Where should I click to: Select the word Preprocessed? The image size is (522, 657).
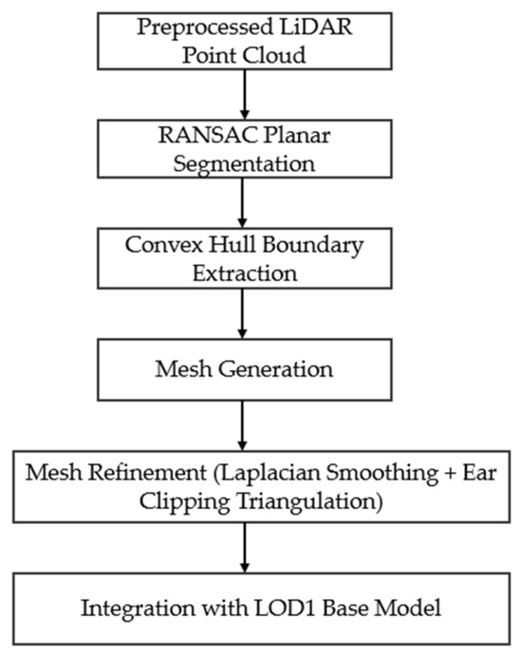[x=205, y=28]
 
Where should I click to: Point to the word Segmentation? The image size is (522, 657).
[x=244, y=164]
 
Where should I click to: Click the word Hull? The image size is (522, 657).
[x=233, y=244]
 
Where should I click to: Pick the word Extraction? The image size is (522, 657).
[x=245, y=273]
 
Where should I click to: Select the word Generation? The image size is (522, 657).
[x=275, y=369]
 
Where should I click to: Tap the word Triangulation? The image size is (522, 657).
[x=310, y=501]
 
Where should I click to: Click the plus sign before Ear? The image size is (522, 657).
[x=451, y=474]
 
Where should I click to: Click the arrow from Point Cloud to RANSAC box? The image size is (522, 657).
[x=245, y=95]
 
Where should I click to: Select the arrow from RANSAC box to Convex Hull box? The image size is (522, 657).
[x=242, y=203]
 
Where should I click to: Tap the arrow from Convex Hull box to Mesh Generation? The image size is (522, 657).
[x=242, y=314]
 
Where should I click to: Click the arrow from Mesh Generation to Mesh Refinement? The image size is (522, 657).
[x=242, y=425]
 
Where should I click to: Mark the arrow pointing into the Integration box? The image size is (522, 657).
[x=245, y=548]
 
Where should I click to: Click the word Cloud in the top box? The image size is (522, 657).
[x=274, y=55]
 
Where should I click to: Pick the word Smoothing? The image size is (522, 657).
[x=382, y=473]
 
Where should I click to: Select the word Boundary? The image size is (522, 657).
[x=313, y=246]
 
